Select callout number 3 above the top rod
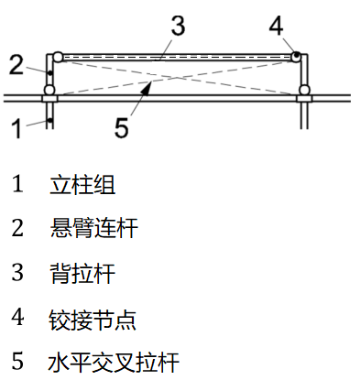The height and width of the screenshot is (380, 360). tap(178, 26)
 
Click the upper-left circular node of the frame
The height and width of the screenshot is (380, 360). tap(58, 56)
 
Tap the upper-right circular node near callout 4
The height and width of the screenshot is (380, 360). tap(299, 56)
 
